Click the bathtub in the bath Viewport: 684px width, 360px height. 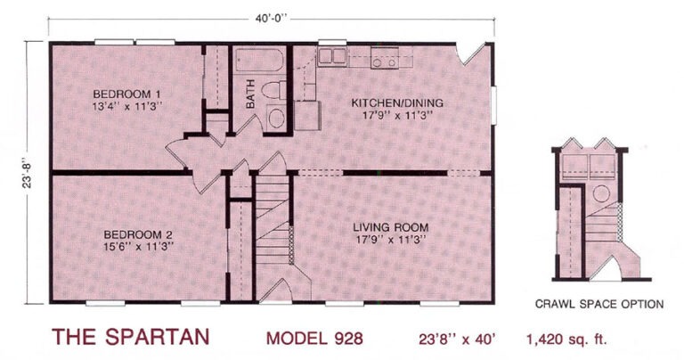[x=260, y=61]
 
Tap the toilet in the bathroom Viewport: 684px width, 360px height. [x=274, y=90]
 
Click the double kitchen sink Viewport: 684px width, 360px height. [x=332, y=57]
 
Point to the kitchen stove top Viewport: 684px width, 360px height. [x=385, y=58]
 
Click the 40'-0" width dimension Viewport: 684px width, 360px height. [x=271, y=20]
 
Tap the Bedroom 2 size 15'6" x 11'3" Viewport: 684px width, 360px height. [x=138, y=247]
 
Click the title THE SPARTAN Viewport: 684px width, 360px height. [x=130, y=337]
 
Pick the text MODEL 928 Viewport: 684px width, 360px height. [x=314, y=339]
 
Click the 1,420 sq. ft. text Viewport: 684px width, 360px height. [x=566, y=339]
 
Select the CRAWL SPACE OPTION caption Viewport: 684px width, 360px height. [x=599, y=304]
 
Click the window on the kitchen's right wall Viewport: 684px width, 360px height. [x=494, y=105]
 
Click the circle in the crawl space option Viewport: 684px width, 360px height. [x=601, y=193]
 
